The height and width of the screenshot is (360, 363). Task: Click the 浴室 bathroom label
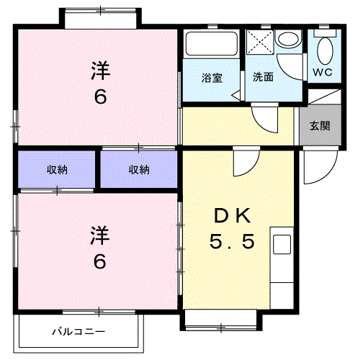coord(211,77)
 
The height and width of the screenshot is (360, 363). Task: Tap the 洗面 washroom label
coord(263,77)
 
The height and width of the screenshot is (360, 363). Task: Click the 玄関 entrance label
coord(321,125)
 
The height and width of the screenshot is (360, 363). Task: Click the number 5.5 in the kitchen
coord(232,243)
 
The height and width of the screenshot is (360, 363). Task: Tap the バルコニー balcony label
coord(79,332)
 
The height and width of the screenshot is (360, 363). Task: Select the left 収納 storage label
coord(57,170)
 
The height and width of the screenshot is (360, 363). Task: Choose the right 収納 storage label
coord(139,170)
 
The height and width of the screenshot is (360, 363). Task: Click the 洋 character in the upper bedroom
coord(100,71)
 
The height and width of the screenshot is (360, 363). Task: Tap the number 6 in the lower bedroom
coord(100,261)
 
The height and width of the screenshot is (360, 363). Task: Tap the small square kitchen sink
coord(282,243)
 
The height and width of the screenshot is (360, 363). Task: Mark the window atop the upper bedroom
coord(97,17)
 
